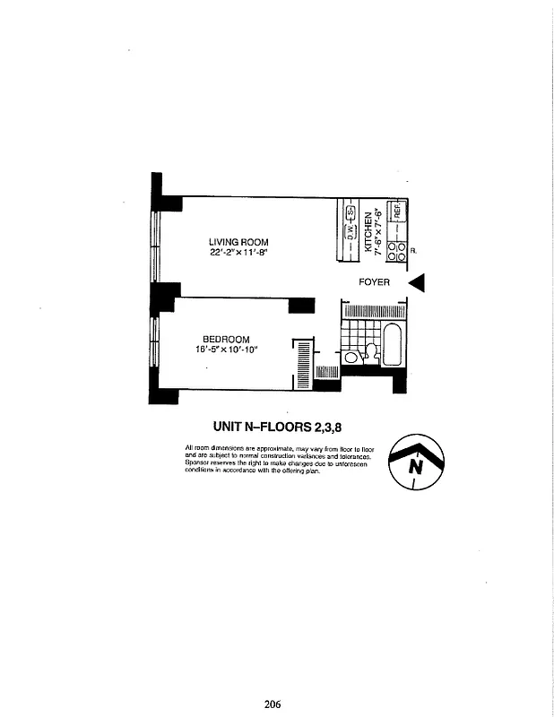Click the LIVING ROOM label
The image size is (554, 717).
coord(238,242)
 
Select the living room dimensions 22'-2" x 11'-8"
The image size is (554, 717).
coord(238,253)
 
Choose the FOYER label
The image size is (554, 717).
coord(374,282)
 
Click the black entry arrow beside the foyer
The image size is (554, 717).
coord(417,282)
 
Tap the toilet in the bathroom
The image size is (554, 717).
coord(371,353)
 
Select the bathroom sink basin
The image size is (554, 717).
coord(351,357)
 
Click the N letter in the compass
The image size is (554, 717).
coord(415,467)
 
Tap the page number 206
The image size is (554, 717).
coord(273,704)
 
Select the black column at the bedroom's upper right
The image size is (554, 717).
coord(301,306)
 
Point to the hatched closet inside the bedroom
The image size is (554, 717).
coord(303,363)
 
